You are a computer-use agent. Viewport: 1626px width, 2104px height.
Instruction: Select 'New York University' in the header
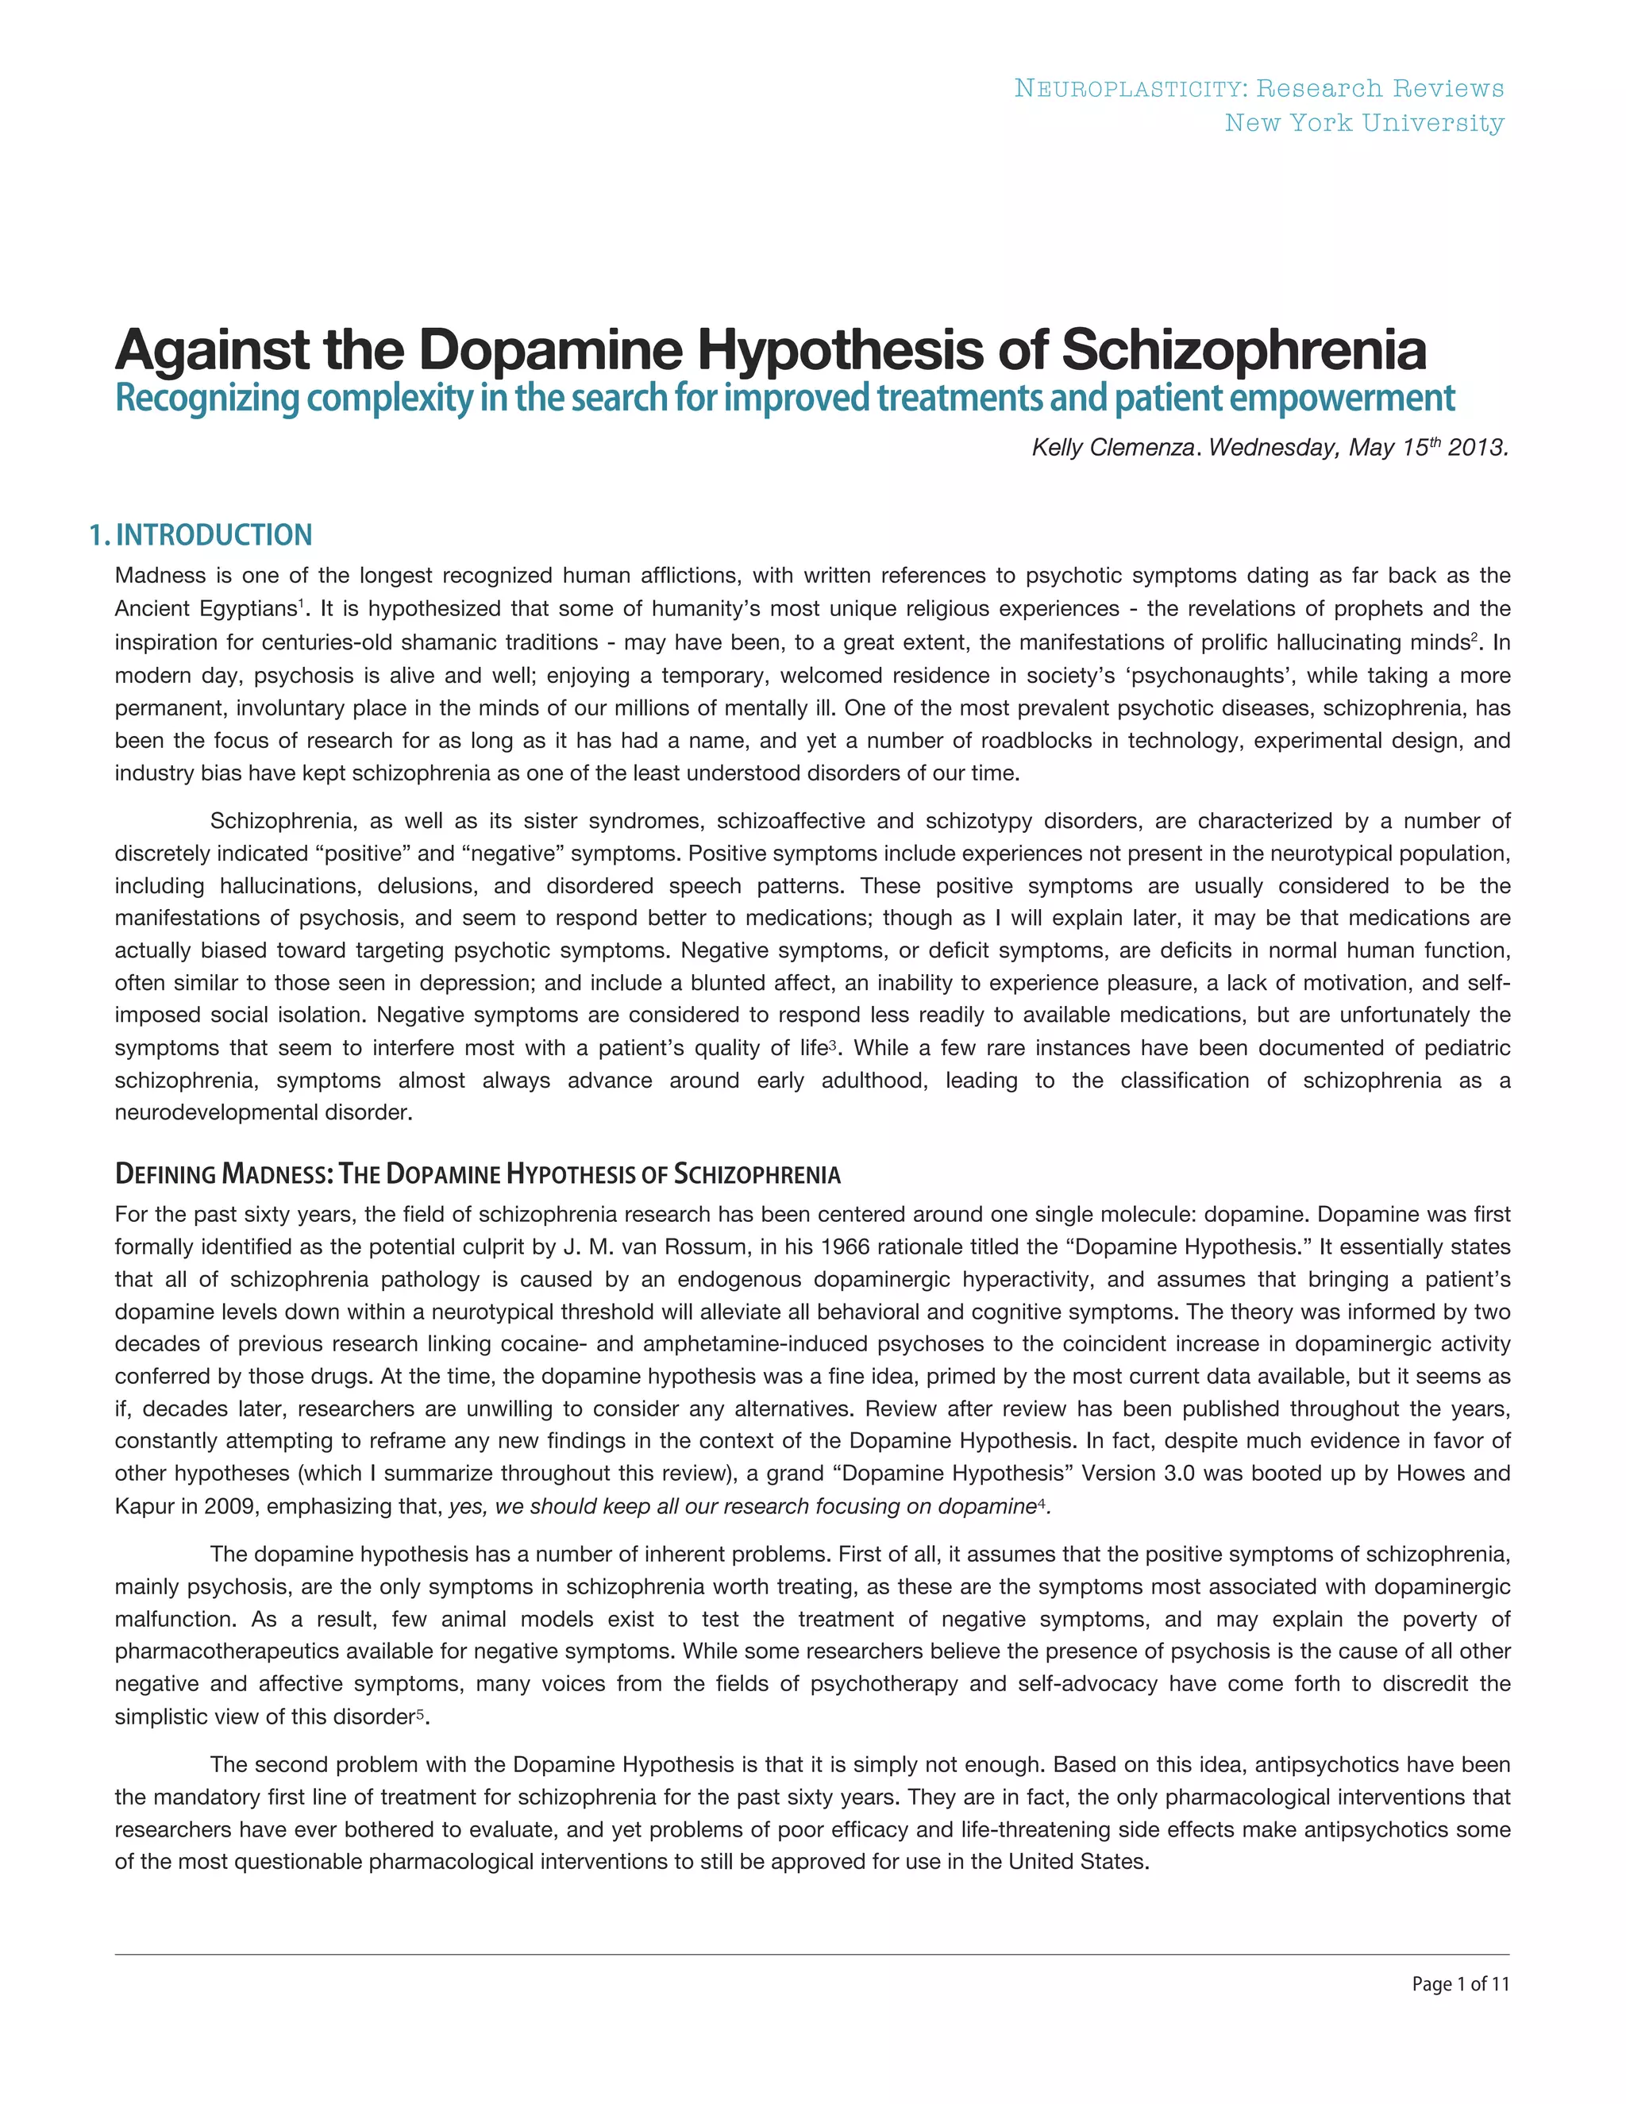coord(1364,123)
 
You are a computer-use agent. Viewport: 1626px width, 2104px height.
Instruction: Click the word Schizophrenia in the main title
coord(1243,351)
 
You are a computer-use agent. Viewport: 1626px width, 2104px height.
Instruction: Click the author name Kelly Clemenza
coord(1112,448)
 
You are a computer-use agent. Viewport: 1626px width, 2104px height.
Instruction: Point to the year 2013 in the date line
coord(1477,448)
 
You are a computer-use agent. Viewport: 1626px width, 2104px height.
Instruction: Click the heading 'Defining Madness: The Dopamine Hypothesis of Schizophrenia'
coord(478,1174)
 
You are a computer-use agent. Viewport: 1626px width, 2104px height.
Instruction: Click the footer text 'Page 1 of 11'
coord(1460,1983)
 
